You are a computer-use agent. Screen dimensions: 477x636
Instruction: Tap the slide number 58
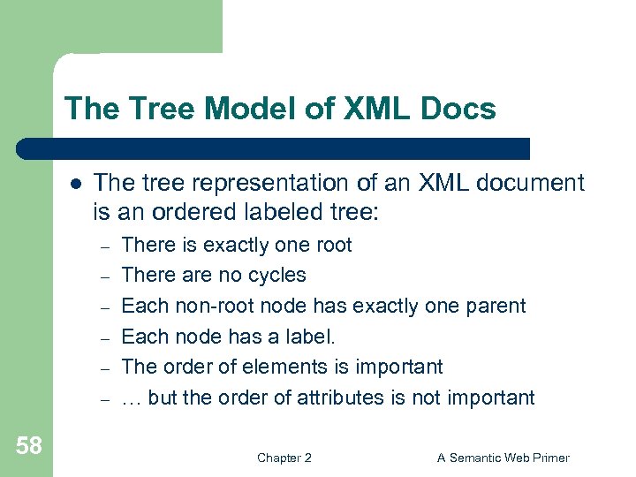coord(28,445)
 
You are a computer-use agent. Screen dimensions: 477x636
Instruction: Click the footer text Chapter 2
coord(284,458)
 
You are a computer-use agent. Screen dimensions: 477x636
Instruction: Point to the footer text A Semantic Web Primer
coord(503,458)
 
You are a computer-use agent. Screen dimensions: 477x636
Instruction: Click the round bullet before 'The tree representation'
coord(76,184)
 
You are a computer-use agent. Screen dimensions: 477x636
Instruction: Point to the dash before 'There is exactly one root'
coord(103,246)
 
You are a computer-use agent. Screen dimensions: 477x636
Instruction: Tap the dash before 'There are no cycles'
coord(103,276)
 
